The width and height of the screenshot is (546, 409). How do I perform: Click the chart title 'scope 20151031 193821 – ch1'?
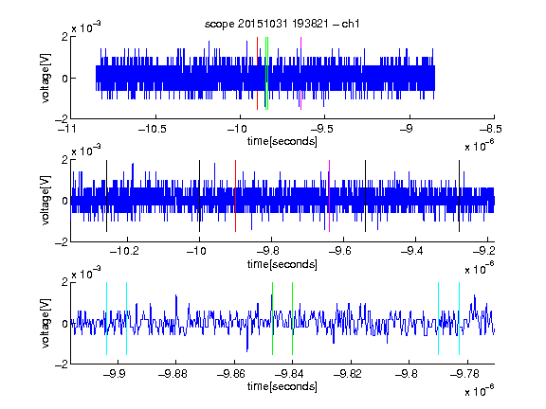(282, 24)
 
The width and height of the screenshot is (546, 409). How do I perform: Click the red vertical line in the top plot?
(257, 74)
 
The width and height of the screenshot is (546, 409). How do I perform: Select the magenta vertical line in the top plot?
(300, 74)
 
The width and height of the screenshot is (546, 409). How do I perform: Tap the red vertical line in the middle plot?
(235, 196)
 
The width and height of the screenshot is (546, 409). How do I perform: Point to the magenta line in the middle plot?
(330, 196)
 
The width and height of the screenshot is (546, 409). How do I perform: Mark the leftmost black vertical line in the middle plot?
(106, 196)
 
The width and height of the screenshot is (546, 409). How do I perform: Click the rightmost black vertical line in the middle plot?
(459, 196)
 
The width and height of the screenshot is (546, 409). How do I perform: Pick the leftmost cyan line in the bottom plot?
(106, 318)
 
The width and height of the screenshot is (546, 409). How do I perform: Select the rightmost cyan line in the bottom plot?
(459, 318)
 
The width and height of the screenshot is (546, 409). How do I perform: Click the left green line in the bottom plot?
(272, 318)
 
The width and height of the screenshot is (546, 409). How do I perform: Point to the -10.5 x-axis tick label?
(153, 129)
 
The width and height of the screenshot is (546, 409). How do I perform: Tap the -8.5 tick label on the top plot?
(490, 129)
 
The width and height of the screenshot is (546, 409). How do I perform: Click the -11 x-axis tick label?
(66, 129)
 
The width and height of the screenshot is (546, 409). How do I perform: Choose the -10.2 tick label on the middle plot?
(124, 251)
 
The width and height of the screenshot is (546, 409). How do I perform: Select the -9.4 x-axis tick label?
(412, 251)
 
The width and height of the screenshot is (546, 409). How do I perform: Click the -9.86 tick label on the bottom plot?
(231, 374)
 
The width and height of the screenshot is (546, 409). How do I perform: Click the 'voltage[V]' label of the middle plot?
(45, 201)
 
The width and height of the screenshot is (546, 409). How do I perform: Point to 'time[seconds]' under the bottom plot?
(282, 386)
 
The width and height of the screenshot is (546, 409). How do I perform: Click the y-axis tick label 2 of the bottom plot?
(64, 282)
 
